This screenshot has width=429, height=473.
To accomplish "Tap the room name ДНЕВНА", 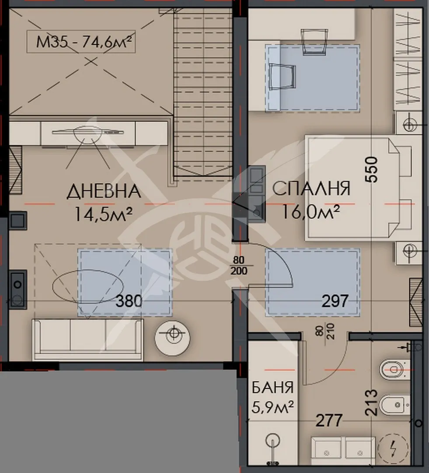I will [x=104, y=191].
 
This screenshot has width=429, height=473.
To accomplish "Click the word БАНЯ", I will [x=272, y=388].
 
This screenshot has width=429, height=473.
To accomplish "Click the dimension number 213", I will [x=371, y=402].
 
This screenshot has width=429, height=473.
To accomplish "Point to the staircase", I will [x=203, y=92].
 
